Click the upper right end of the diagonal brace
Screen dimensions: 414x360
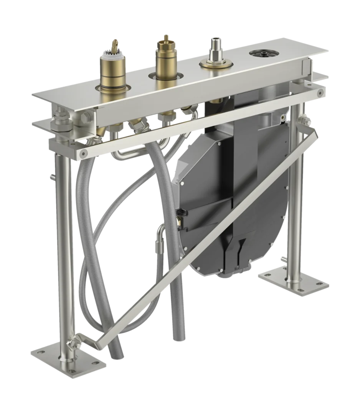coord(314,134)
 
